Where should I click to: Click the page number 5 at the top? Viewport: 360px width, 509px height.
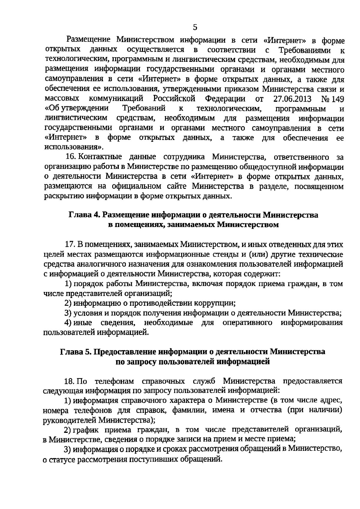[x=195, y=28]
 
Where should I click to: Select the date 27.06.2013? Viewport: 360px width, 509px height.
[x=292, y=99]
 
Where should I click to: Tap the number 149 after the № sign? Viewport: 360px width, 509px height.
[x=337, y=99]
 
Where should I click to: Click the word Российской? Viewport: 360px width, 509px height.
[x=174, y=99]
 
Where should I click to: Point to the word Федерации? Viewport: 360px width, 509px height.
[x=225, y=99]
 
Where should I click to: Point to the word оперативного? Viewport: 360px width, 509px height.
[x=247, y=323]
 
